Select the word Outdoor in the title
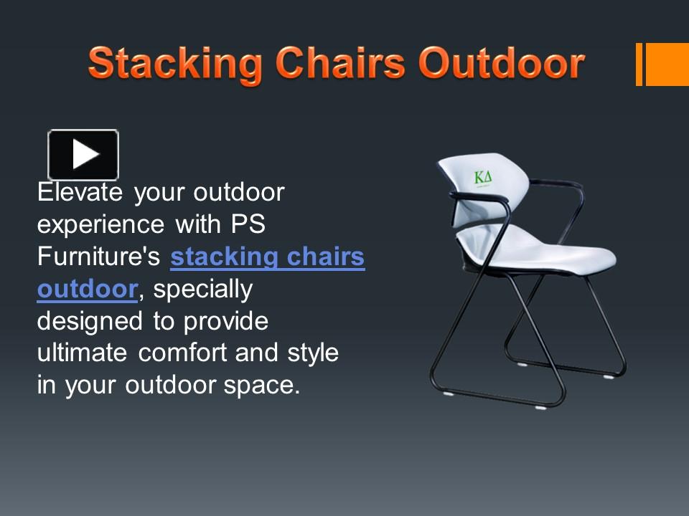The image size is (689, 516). tap(502, 64)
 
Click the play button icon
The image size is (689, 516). tap(83, 154)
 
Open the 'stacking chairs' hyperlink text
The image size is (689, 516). tap(268, 257)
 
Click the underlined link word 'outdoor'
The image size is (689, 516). tap(87, 289)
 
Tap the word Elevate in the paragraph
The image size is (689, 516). tap(82, 192)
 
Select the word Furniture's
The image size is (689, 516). tap(100, 257)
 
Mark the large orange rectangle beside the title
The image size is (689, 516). tap(667, 64)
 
